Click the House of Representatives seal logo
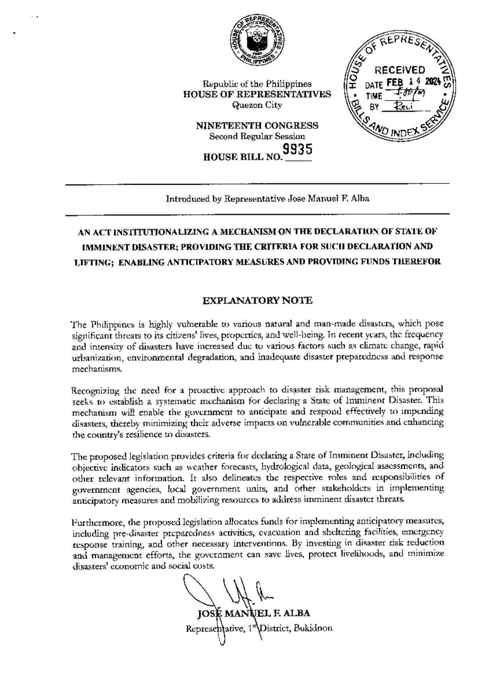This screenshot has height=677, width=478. coord(257,41)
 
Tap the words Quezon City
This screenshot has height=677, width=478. coord(257,105)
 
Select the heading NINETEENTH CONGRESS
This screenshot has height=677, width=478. coord(257,126)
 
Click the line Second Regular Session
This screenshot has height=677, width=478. coord(257,136)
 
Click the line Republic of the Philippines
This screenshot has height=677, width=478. coord(257,84)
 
